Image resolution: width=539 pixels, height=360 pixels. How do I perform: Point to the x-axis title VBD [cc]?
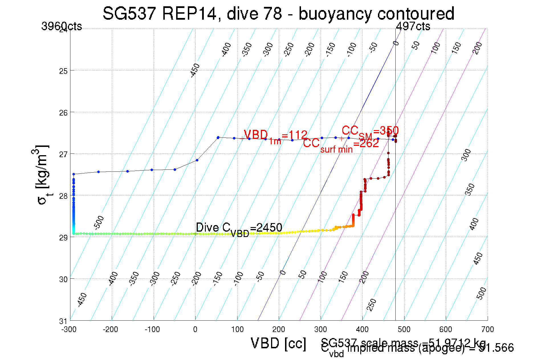(x=278, y=343)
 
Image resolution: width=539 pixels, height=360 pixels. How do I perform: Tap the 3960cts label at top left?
(x=62, y=26)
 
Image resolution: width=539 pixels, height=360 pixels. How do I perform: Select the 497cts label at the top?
(x=413, y=26)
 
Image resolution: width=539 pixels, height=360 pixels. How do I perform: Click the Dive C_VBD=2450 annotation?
(x=239, y=228)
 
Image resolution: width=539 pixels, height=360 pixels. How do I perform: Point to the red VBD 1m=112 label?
(x=275, y=136)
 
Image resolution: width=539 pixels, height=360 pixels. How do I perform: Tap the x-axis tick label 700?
(x=487, y=330)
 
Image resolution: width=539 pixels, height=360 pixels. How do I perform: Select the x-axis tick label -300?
(x=69, y=330)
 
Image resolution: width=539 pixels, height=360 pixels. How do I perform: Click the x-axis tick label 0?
(x=195, y=330)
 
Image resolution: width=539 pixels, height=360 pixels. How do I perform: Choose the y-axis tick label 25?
(x=63, y=71)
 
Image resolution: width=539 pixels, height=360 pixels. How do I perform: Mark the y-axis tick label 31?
(x=63, y=321)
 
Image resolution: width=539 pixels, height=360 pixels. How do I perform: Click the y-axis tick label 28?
(x=63, y=196)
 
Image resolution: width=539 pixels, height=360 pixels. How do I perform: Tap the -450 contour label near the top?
(x=195, y=71)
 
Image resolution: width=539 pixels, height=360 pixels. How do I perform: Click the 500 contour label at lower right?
(x=481, y=294)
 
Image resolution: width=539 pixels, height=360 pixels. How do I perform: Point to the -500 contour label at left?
(x=99, y=223)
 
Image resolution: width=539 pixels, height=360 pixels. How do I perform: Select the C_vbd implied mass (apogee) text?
(x=417, y=349)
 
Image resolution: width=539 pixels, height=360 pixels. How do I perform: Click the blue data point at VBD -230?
(x=99, y=172)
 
